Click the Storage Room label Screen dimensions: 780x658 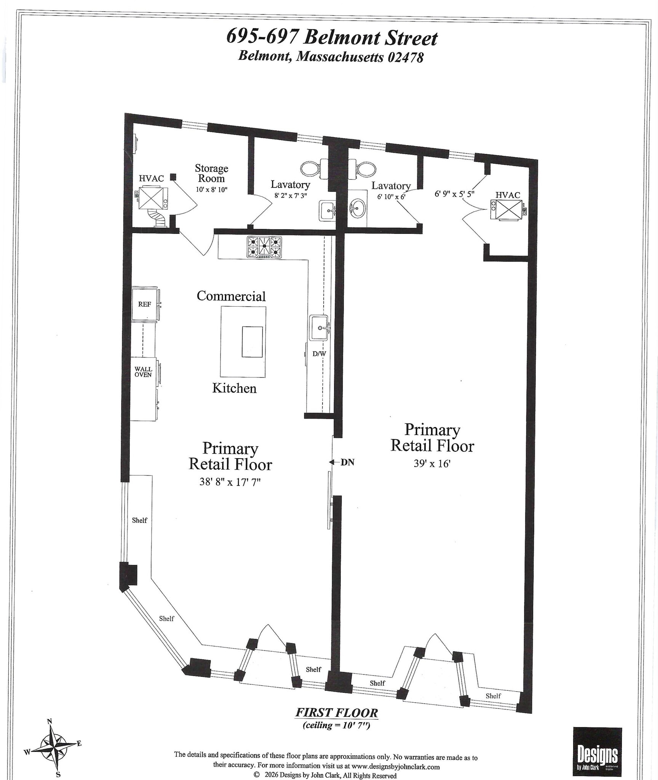coord(211,173)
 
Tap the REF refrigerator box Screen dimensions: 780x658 coord(145,304)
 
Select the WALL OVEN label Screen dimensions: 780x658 coord(143,372)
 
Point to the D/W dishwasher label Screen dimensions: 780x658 coord(319,354)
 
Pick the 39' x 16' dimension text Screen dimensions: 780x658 coord(432,463)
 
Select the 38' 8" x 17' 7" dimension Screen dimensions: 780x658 coord(230,482)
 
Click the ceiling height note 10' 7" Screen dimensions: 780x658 coord(337,725)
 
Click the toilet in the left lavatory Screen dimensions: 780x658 coord(312,168)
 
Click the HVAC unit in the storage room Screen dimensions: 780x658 coord(153,198)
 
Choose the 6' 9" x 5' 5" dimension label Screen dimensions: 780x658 coord(454,193)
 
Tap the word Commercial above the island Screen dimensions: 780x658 coord(231,296)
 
